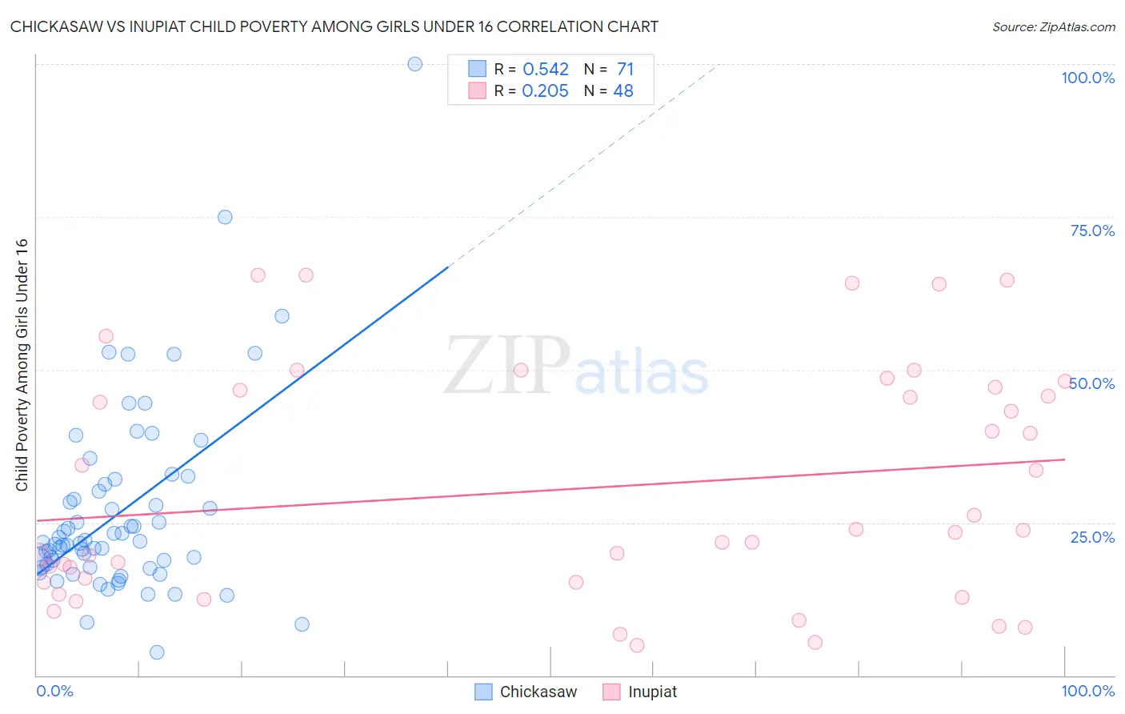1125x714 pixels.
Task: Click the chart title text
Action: click(334, 26)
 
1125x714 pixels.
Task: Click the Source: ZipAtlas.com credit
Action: click(1053, 26)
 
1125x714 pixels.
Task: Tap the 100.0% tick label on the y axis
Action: click(1087, 78)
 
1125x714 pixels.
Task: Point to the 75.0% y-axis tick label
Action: click(1092, 231)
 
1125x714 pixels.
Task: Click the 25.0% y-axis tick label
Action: click(1092, 536)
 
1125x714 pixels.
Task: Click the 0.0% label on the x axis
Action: click(54, 691)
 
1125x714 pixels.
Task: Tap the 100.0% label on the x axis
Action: click(1087, 691)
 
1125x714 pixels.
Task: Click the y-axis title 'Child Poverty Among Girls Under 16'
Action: click(22, 365)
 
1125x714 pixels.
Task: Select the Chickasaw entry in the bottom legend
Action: click(526, 692)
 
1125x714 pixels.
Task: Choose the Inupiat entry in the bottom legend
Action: click(640, 692)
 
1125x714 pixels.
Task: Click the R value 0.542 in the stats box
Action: click(546, 70)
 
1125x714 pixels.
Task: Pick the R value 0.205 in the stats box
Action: click(545, 91)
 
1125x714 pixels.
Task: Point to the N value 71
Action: click(625, 70)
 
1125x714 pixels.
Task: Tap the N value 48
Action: click(623, 91)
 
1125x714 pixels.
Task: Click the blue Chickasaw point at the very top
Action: click(414, 64)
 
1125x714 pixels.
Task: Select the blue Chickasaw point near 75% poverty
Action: click(225, 217)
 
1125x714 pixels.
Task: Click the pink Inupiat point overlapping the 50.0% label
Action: click(1065, 381)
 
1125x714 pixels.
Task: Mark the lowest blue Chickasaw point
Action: click(157, 652)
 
